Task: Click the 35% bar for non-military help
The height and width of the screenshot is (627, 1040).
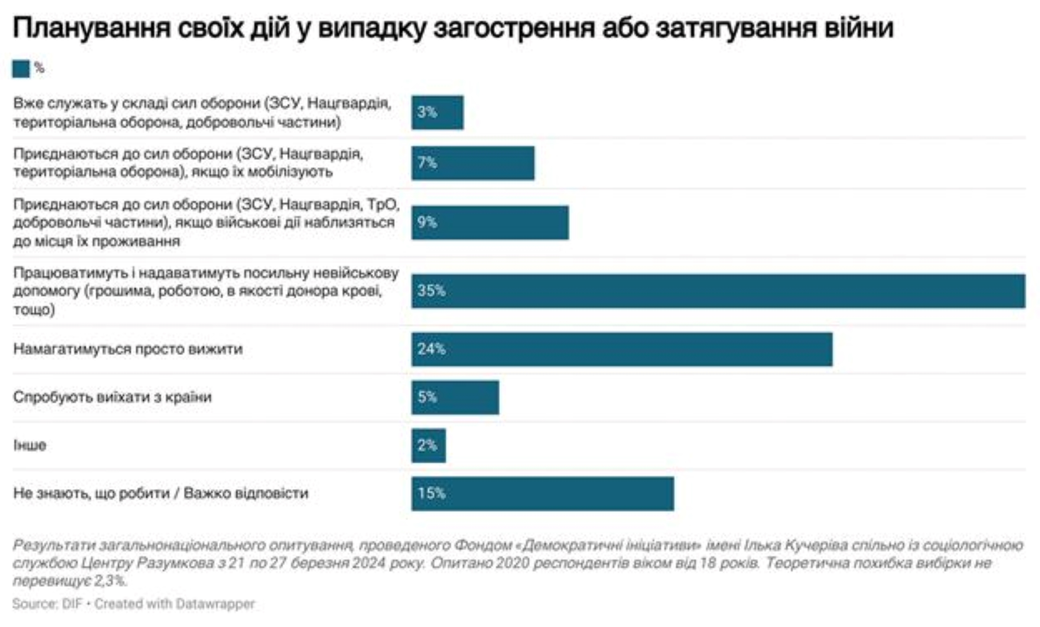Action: tap(718, 291)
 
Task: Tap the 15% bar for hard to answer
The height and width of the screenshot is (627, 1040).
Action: tap(543, 493)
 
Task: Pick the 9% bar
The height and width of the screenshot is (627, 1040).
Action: tap(489, 223)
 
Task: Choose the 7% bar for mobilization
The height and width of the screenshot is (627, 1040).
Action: tap(473, 163)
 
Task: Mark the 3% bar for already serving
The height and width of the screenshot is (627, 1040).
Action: tap(437, 112)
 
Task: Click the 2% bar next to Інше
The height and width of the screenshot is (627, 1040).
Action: tap(428, 445)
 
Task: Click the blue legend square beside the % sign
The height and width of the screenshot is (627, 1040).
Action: tap(21, 69)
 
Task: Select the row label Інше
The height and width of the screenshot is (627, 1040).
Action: tap(29, 445)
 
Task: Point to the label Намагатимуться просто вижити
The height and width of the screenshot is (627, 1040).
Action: tap(128, 349)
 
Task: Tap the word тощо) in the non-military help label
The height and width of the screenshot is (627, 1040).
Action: tap(34, 309)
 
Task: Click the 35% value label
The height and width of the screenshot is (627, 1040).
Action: tap(431, 291)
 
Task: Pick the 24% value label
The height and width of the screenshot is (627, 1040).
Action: tap(431, 349)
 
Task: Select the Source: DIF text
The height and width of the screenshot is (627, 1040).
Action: tap(47, 604)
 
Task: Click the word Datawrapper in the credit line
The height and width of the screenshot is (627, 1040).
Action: tap(215, 604)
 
